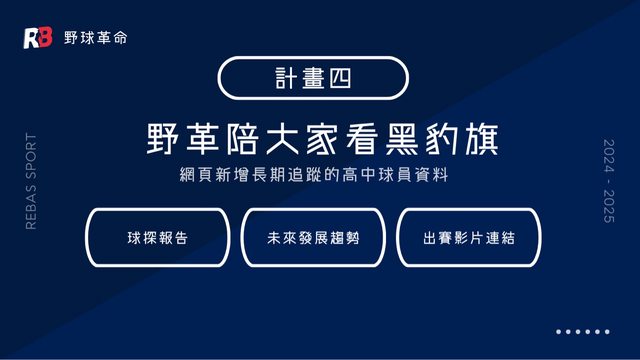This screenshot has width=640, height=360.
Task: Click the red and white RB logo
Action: (38, 38)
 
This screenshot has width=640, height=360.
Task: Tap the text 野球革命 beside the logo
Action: (96, 38)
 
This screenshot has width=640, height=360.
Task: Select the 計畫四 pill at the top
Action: (313, 78)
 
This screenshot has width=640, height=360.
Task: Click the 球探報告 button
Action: (158, 238)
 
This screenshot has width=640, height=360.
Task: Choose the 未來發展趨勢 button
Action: (313, 238)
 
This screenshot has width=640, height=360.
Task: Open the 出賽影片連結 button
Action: (469, 238)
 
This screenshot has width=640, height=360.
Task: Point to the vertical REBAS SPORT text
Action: (31, 181)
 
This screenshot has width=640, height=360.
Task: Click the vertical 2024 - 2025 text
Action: (609, 181)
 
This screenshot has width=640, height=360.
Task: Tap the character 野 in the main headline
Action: (163, 139)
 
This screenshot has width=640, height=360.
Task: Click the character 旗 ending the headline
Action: (482, 139)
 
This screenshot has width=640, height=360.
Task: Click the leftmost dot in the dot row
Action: (558, 332)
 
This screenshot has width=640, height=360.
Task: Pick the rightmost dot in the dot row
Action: (607, 332)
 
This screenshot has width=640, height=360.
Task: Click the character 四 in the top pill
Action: (340, 78)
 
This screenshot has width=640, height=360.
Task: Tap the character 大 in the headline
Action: (282, 139)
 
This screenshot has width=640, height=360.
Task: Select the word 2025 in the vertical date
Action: (609, 206)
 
